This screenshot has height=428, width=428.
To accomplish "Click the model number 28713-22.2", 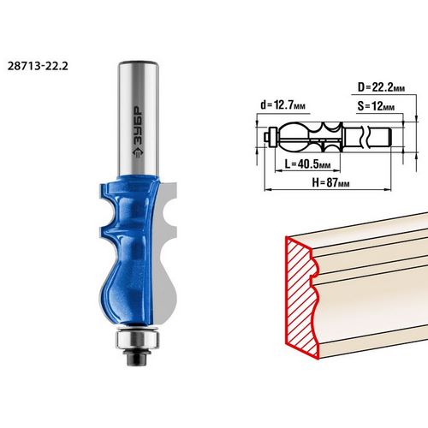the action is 38,66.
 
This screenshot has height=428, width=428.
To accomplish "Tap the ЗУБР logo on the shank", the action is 139,132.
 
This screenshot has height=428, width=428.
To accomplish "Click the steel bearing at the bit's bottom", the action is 137,339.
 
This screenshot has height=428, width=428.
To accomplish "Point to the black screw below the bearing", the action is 137,357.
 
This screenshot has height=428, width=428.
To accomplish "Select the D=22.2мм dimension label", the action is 381,87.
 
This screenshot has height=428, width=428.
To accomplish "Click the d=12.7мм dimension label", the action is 282,105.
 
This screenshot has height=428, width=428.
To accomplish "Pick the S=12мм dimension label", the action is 376,106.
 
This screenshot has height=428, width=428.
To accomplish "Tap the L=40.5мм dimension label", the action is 307,164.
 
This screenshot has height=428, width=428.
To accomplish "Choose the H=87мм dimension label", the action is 330,182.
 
